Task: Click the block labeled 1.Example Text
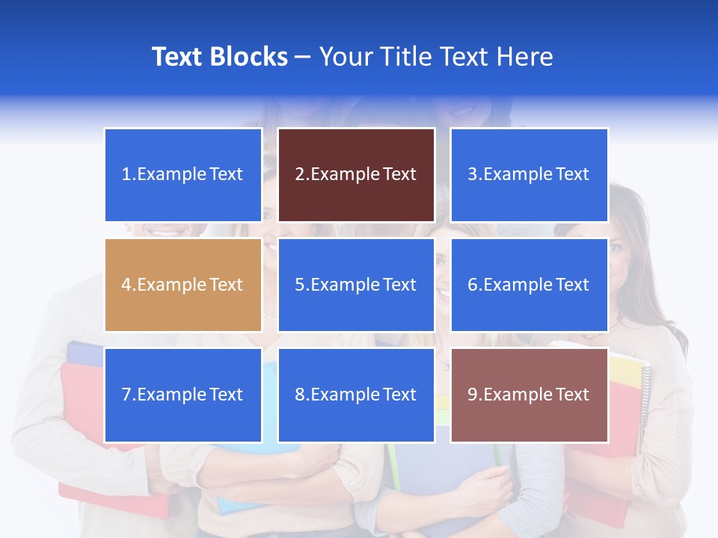[183, 175]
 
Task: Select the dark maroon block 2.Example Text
[356, 175]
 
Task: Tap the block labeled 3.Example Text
[530, 175]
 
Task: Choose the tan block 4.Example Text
[183, 285]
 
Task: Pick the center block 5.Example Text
[356, 285]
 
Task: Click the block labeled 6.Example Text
[530, 285]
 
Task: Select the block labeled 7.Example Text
[183, 395]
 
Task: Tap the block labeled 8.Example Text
[356, 395]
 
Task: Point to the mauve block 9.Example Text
[530, 395]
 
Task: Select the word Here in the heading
[526, 57]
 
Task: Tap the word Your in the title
[343, 57]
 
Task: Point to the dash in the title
[303, 57]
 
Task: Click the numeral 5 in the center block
[299, 285]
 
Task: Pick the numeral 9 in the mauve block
[473, 395]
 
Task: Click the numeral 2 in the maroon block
[299, 175]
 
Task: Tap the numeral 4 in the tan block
[126, 285]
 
